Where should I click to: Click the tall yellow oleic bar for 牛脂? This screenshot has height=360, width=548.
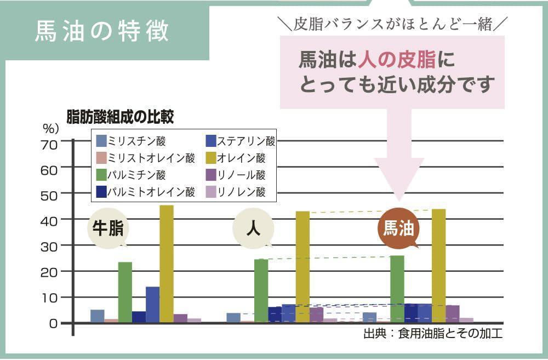(x=167, y=263)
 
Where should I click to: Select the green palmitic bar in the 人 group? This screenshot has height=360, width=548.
(x=261, y=290)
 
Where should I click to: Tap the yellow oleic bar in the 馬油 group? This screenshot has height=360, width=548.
(x=438, y=266)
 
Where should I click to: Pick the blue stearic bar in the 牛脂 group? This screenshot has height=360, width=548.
(x=152, y=304)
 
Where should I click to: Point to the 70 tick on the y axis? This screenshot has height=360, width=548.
(x=49, y=144)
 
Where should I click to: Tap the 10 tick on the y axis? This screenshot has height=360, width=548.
(x=49, y=298)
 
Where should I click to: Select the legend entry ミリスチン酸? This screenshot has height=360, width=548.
(x=130, y=141)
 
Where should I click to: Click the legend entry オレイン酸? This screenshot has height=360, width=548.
(x=235, y=158)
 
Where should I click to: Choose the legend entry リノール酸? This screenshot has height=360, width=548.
(x=235, y=175)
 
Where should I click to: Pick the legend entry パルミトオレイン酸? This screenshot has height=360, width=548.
(x=145, y=192)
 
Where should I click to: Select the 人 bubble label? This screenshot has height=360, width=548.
(x=253, y=228)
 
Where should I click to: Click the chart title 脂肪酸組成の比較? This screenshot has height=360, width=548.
(x=120, y=116)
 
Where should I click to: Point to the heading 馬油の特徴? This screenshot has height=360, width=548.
(x=102, y=31)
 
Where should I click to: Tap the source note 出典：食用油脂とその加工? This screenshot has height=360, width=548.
(x=433, y=334)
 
